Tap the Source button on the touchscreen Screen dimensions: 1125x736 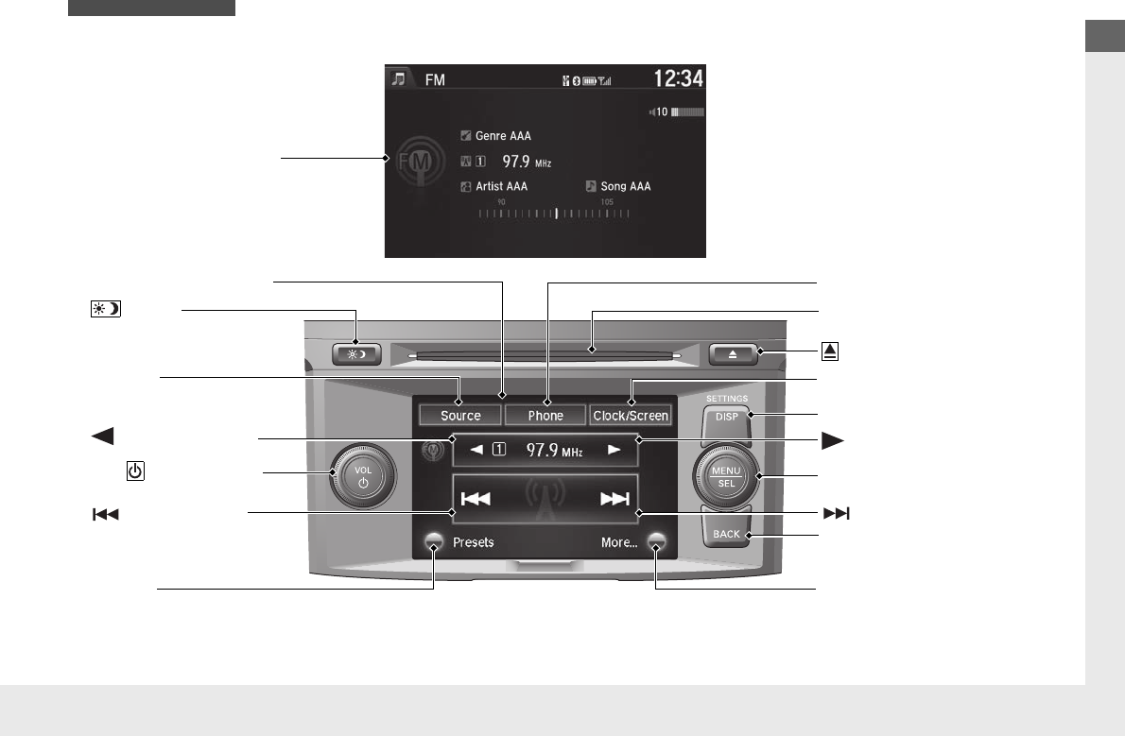pos(460,416)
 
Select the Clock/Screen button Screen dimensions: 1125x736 pos(631,416)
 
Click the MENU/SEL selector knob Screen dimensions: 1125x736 pos(727,476)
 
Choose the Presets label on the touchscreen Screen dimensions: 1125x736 pos(473,543)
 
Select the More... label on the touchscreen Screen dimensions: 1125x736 pos(619,543)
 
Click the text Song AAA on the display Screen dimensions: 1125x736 pos(625,187)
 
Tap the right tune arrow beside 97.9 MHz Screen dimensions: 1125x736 pos(615,451)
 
